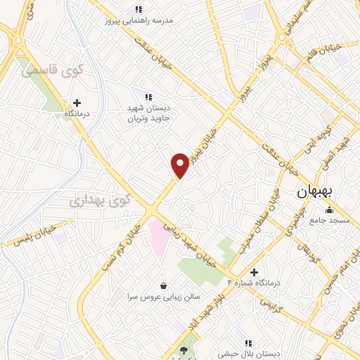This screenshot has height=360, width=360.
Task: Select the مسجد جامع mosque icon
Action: (328, 209)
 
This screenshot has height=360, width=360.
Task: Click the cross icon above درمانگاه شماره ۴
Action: (254, 272)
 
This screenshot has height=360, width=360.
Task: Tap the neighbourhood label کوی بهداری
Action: (100, 200)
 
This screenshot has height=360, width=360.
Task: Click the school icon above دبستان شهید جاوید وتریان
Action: (148, 96)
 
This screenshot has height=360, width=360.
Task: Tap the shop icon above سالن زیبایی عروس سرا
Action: (164, 285)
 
